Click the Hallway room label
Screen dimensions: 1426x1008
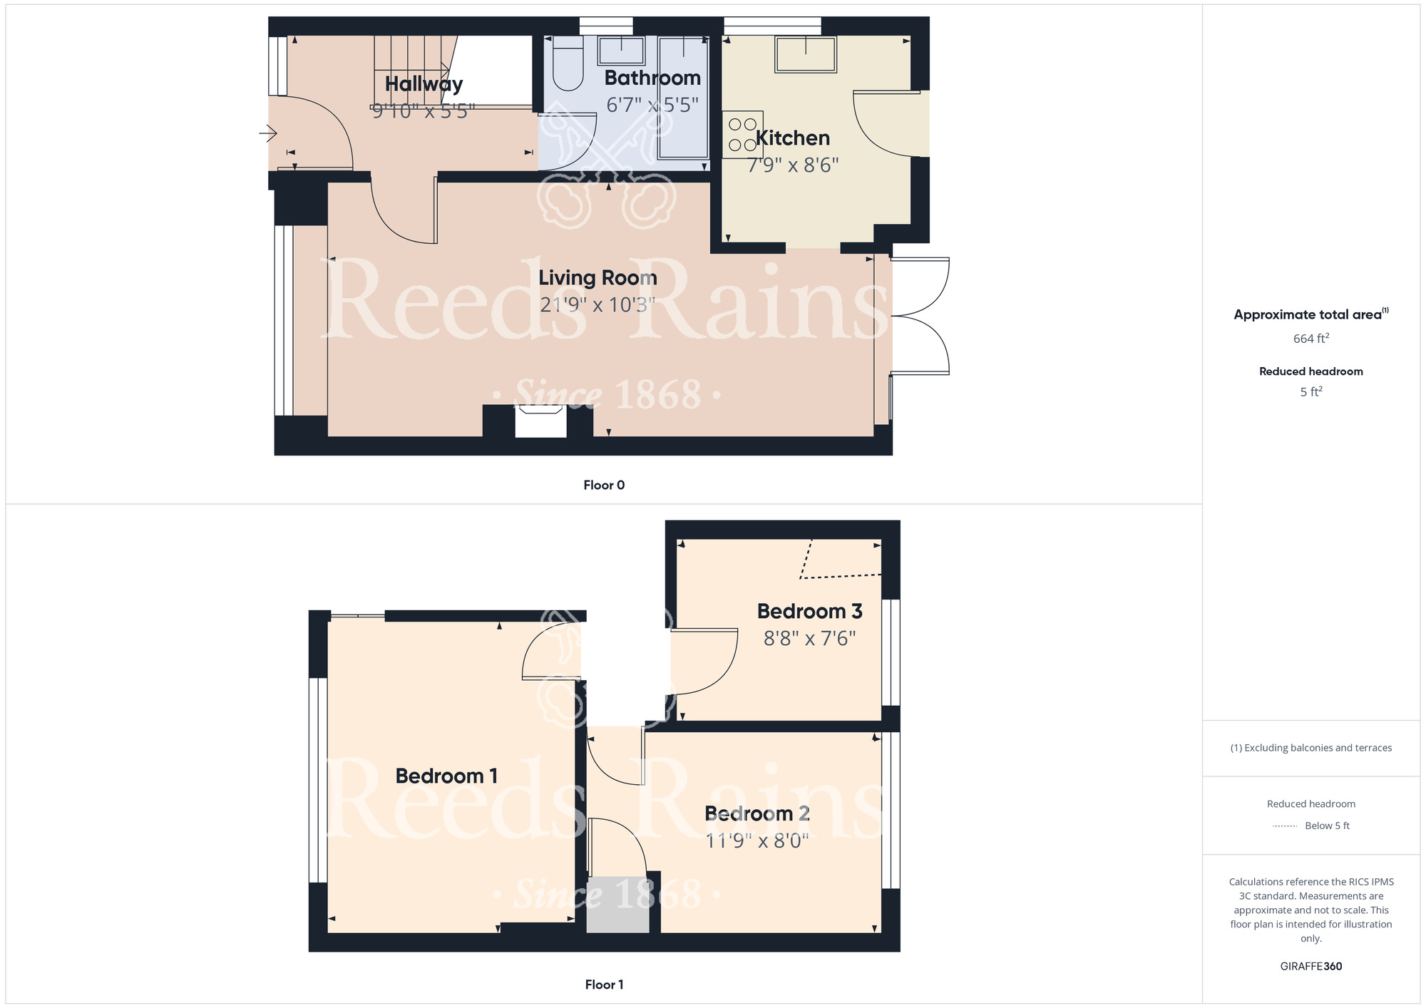[x=424, y=84]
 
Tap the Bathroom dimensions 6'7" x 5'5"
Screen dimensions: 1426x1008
[x=652, y=105]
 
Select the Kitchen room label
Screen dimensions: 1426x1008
[x=792, y=138]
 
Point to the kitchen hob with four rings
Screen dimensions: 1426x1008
[x=742, y=134]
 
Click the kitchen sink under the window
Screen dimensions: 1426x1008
[x=806, y=53]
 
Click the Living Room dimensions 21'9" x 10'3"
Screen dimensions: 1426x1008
[x=597, y=305]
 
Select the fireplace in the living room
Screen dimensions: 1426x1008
[x=541, y=421]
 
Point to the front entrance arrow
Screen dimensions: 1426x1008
[x=267, y=133]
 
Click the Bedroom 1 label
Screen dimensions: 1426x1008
[x=446, y=776]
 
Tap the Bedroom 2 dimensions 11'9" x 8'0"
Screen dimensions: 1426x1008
[x=757, y=841]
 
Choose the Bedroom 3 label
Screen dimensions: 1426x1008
[x=809, y=611]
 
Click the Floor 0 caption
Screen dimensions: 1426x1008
[x=604, y=485]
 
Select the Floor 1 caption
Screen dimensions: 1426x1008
[x=604, y=984]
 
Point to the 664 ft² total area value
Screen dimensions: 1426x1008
[x=1311, y=338]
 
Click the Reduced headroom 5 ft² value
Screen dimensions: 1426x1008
[x=1311, y=391]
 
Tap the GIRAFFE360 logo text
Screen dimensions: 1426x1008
[x=1311, y=967]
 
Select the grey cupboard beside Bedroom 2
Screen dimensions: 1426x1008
[x=617, y=904]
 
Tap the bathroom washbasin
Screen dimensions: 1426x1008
[x=621, y=51]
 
